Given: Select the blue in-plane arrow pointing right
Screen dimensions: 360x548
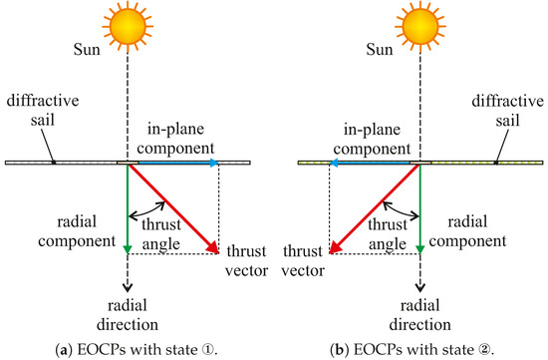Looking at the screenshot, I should point(174,161).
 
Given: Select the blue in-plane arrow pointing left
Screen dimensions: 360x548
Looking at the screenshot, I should point(374,161).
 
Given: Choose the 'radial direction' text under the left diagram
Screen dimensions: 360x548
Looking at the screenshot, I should point(128,315).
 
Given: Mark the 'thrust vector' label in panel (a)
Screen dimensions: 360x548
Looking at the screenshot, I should point(248,257).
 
